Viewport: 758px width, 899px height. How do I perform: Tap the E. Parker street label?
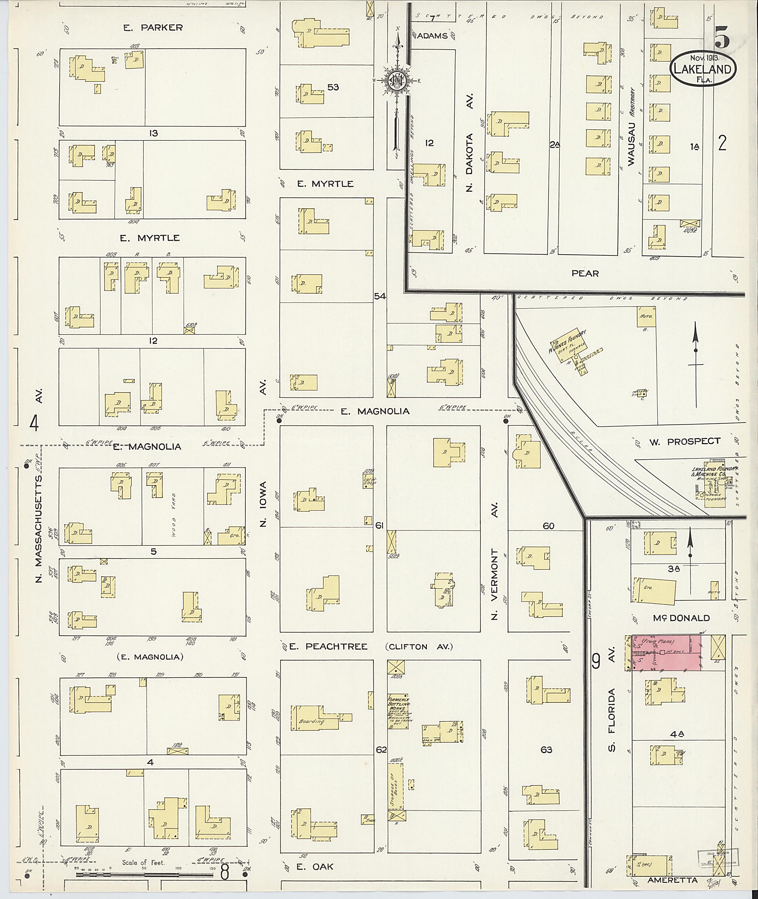pyautogui.click(x=153, y=27)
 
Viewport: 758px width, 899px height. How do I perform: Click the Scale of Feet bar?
pyautogui.click(x=142, y=874)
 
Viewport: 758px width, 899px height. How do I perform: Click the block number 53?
pyautogui.click(x=333, y=87)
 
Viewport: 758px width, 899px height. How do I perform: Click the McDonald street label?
pyautogui.click(x=681, y=618)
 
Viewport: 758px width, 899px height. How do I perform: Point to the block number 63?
pyautogui.click(x=547, y=750)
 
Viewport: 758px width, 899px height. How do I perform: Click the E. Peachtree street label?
pyautogui.click(x=328, y=647)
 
